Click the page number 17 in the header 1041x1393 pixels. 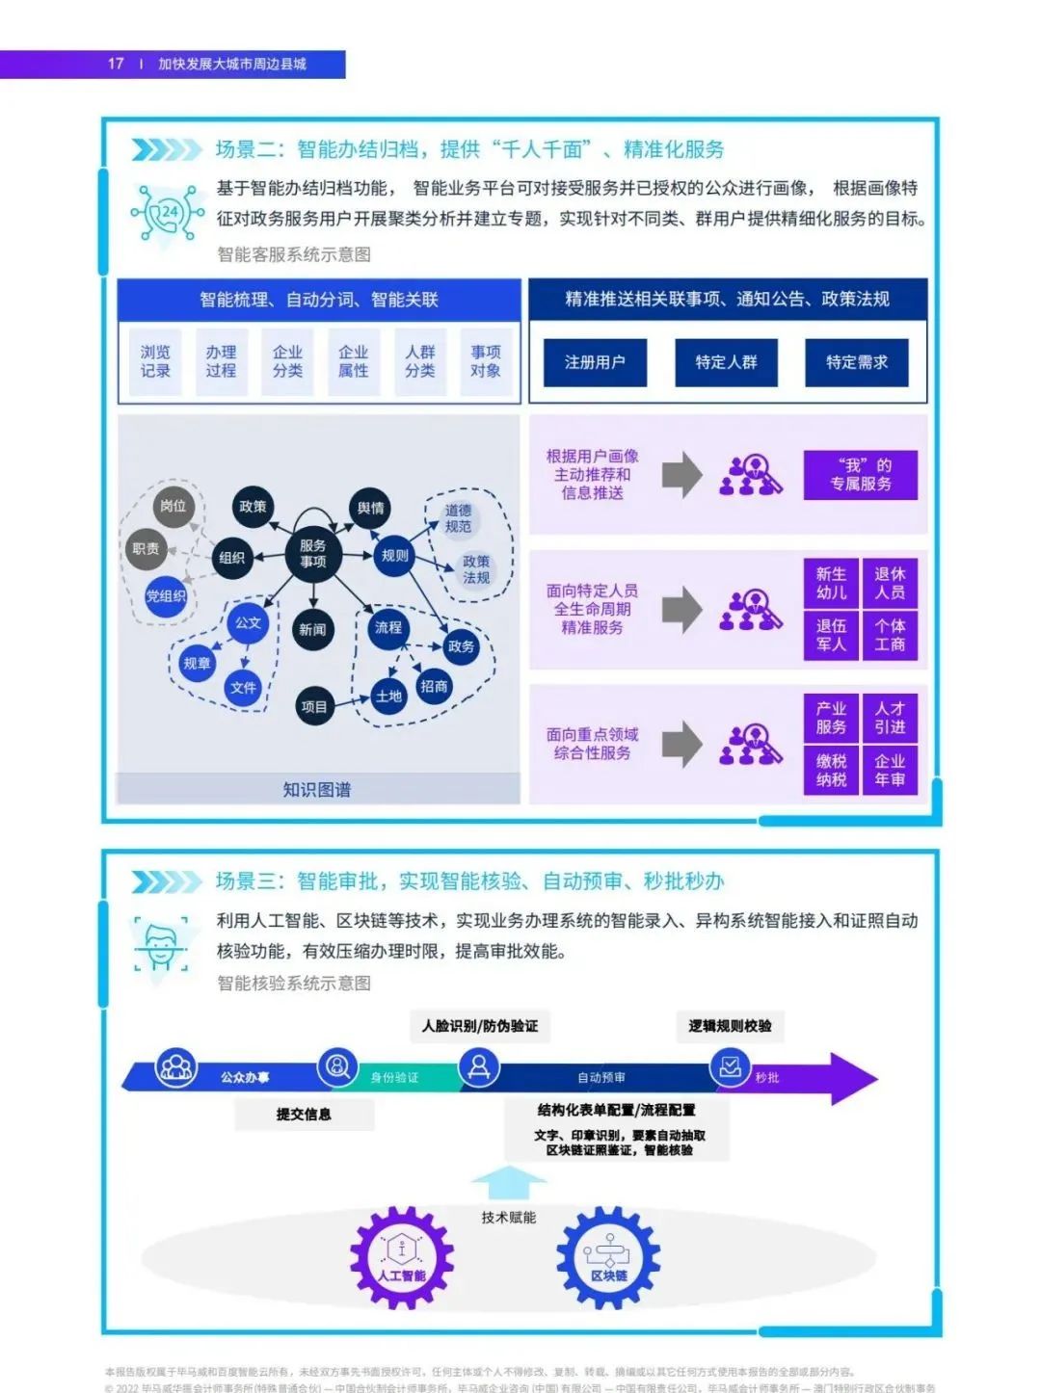pos(116,64)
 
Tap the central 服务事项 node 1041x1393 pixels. pos(313,554)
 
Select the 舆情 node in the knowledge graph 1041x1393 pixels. pos(371,508)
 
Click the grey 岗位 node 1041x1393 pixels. pos(173,506)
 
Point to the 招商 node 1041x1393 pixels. pos(434,686)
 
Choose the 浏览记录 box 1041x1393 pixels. pos(155,361)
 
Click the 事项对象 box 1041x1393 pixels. pos(486,361)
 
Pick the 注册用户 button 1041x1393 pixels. pos(595,362)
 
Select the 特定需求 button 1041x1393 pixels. pos(856,362)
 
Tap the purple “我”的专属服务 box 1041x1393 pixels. pos(861,475)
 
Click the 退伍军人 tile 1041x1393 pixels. pos(831,635)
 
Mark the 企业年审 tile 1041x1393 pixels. pos(890,770)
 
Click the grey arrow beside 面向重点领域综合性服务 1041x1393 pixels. pos(682,744)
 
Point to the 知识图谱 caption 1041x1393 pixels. pos(317,789)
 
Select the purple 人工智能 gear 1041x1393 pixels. pos(401,1257)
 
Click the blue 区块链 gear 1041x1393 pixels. pos(608,1257)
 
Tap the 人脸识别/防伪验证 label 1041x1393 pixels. pos(480,1026)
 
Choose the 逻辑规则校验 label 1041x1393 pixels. pos(730,1026)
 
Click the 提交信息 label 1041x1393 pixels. pos(304,1114)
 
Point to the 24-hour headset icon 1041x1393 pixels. pos(169,213)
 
